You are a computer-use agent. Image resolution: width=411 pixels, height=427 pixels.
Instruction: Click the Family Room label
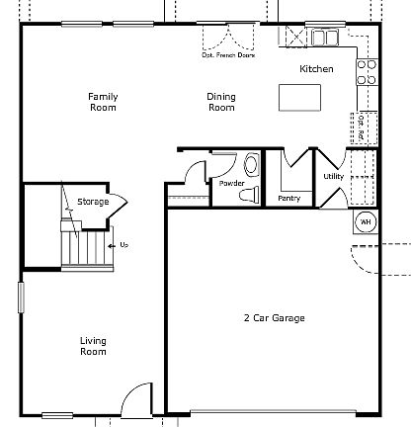[x=103, y=101]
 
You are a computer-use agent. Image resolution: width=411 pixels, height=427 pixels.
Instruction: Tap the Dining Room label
[x=220, y=101]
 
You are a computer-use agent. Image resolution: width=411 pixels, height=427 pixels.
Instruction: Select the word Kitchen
[x=316, y=69]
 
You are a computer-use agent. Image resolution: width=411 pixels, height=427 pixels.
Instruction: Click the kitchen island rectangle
[x=301, y=98]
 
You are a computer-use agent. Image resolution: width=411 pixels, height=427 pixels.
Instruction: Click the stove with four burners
[x=366, y=70]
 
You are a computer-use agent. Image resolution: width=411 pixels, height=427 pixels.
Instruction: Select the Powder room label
[x=231, y=183]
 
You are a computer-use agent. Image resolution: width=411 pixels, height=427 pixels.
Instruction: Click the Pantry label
[x=288, y=198]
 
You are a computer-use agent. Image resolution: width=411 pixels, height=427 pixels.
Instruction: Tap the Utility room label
[x=333, y=177]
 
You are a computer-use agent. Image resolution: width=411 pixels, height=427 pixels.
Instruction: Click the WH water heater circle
[x=364, y=221]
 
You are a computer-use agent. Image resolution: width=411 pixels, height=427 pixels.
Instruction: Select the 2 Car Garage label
[x=274, y=317]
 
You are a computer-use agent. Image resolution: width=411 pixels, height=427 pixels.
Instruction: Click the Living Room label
[x=93, y=346]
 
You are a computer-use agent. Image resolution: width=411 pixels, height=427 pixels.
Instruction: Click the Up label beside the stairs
[x=123, y=244]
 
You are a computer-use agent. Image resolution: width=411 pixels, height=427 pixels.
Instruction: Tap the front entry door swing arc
[x=129, y=401]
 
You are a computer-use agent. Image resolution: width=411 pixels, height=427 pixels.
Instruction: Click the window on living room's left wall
[x=21, y=297]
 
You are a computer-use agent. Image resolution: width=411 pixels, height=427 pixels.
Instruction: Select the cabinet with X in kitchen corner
[x=294, y=39]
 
